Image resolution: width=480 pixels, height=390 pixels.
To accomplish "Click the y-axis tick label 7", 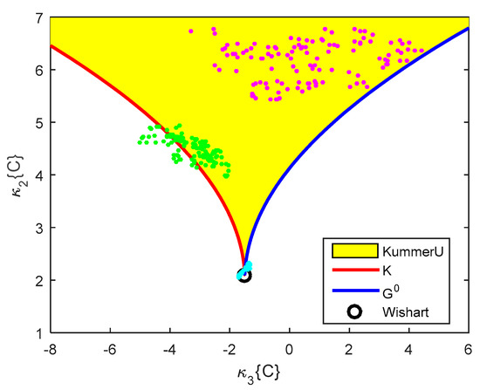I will pyautogui.click(x=40, y=17).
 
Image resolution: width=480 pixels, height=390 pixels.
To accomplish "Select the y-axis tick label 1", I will pyautogui.click(x=40, y=332).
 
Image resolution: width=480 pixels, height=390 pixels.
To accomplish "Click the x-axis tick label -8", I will pyautogui.click(x=50, y=346).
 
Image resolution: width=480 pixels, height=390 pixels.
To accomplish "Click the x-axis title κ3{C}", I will pyautogui.click(x=260, y=370).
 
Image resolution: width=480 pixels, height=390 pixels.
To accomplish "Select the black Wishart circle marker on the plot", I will pyautogui.click(x=244, y=276).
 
